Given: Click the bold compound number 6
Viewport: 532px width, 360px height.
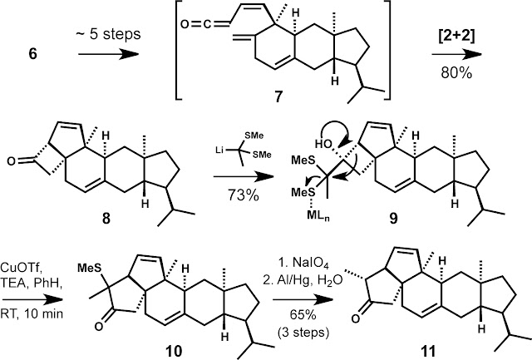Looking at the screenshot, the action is [32, 54].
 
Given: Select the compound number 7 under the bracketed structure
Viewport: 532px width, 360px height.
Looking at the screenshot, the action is [278, 97].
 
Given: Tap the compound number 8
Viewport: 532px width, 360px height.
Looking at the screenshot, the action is [106, 219].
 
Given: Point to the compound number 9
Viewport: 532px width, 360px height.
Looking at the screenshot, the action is [393, 219].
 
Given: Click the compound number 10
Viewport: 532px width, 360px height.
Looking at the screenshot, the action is [174, 351].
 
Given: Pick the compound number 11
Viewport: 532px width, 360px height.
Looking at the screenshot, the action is [427, 351].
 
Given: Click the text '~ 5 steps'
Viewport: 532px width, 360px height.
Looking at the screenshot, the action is [108, 34].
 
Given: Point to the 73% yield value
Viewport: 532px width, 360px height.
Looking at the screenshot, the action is [242, 195].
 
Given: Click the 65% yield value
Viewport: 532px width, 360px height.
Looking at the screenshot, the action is [303, 315].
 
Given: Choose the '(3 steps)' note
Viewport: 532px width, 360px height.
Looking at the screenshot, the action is [303, 333].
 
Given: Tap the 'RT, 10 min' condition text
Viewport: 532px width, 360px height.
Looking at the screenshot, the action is [32, 313].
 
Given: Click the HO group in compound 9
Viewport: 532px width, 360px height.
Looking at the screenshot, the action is [323, 144].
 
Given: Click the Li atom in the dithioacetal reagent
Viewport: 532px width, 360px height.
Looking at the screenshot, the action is [220, 149].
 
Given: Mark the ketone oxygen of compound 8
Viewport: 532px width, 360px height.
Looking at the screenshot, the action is [11, 161].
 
